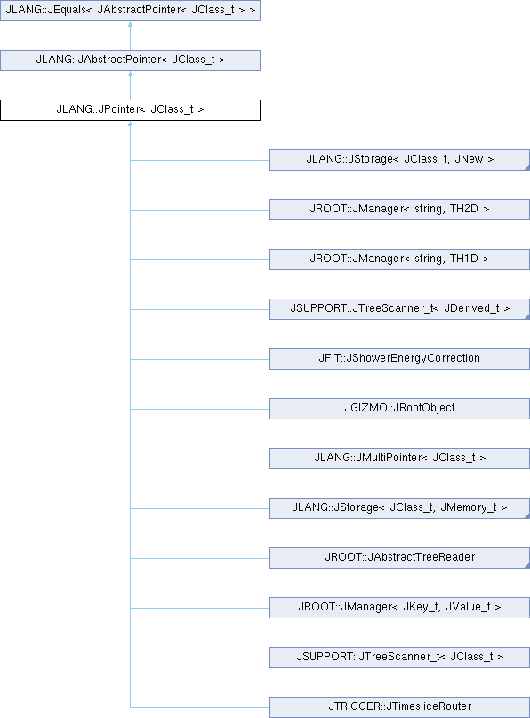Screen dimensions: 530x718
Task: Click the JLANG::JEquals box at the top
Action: coord(130,10)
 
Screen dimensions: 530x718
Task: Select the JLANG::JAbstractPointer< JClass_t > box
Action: coord(130,60)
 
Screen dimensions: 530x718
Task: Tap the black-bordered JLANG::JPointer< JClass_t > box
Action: coord(130,110)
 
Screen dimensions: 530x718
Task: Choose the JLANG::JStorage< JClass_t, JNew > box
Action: coord(399,160)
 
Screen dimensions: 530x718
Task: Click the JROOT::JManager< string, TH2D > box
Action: coord(399,209)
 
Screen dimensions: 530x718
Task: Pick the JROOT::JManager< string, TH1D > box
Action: coord(399,259)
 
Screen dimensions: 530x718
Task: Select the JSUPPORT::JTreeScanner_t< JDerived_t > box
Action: coord(399,309)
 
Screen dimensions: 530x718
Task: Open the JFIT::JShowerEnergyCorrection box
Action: coord(399,358)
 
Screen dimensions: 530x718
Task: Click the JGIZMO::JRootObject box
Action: coord(399,409)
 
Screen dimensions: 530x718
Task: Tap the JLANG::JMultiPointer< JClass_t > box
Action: coord(399,459)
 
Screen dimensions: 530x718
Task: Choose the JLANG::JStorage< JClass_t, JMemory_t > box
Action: coord(399,507)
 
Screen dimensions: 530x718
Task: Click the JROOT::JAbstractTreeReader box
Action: coord(399,558)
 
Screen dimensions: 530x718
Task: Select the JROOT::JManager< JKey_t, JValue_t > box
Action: coord(399,608)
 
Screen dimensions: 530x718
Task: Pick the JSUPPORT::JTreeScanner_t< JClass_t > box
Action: coord(399,657)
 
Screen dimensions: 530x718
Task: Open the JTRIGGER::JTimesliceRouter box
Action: coord(399,707)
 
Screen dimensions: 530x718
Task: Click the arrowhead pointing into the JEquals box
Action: coord(130,24)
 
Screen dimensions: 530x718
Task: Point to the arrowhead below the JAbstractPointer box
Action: coord(130,74)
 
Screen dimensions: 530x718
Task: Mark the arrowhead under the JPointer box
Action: coord(130,124)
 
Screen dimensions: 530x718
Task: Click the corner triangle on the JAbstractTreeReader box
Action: coord(527,566)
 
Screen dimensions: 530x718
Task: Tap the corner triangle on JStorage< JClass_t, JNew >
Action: coord(527,168)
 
